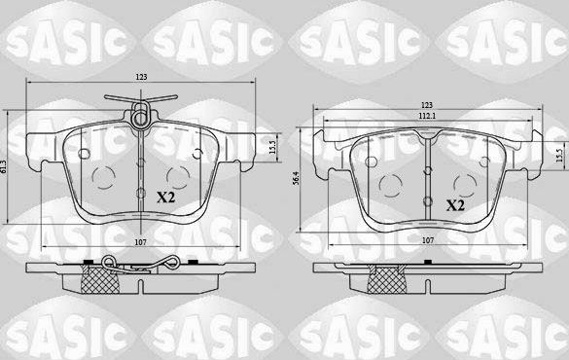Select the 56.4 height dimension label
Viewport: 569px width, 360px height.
[x=296, y=180]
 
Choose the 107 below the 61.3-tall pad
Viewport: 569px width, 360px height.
[x=142, y=240]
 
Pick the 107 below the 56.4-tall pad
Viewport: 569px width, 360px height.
[x=429, y=237]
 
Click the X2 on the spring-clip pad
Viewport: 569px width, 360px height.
[x=165, y=196]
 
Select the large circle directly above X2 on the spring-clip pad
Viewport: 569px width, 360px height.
[x=177, y=176]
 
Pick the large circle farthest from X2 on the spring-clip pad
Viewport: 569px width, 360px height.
[x=107, y=176]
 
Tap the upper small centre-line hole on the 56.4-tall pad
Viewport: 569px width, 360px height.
[x=429, y=172]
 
